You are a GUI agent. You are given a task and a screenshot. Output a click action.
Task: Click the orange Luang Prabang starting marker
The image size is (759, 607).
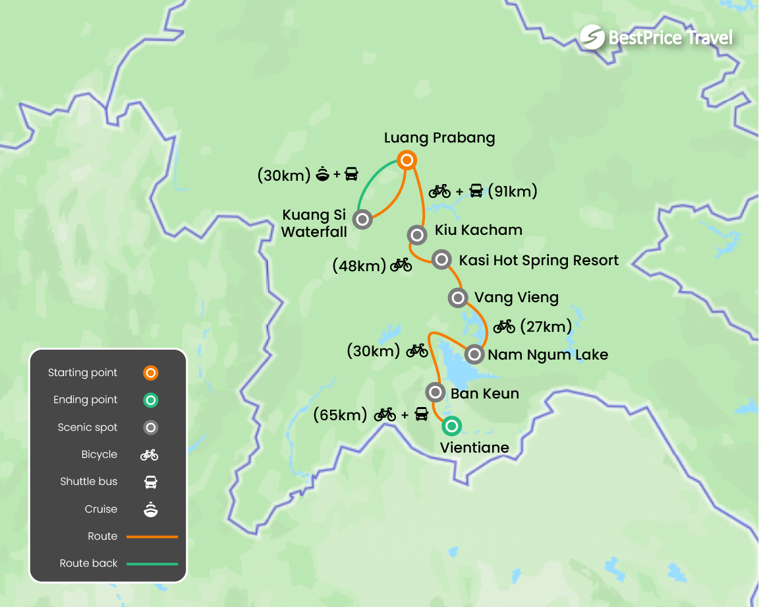tap(407, 160)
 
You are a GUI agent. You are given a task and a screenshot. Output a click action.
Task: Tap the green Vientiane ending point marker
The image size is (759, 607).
tap(451, 426)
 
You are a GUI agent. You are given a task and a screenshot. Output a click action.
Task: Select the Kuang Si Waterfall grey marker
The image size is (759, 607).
tap(362, 219)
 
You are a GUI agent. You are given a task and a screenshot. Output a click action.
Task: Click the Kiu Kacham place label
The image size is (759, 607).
tap(478, 230)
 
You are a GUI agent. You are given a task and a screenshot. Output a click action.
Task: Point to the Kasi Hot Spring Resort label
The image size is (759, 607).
tap(538, 260)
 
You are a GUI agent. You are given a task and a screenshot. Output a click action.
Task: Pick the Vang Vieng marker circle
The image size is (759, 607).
tap(457, 298)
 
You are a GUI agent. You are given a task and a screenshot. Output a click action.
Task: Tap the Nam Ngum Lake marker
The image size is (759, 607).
tap(474, 354)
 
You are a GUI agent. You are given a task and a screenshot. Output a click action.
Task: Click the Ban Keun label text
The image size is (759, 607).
tap(484, 394)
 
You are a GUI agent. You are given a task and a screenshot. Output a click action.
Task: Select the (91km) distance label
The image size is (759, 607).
tap(513, 191)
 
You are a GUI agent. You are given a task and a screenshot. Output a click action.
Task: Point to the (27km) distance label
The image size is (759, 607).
tap(546, 327)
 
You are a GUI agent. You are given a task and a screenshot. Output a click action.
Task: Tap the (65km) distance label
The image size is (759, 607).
tap(340, 415)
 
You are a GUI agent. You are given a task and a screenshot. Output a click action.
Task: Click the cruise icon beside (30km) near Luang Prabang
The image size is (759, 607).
tap(323, 175)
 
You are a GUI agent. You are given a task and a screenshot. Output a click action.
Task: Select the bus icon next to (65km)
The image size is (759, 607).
tap(422, 415)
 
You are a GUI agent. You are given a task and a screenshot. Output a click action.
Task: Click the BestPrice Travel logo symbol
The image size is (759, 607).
tap(592, 38)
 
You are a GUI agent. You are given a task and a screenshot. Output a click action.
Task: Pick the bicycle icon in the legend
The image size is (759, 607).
tap(150, 455)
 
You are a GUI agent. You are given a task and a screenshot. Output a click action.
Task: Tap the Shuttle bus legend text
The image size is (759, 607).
tap(89, 482)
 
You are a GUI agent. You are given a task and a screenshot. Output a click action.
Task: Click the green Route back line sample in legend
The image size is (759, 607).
tap(152, 564)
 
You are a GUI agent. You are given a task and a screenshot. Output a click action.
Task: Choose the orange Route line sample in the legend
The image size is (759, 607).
tap(152, 536)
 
